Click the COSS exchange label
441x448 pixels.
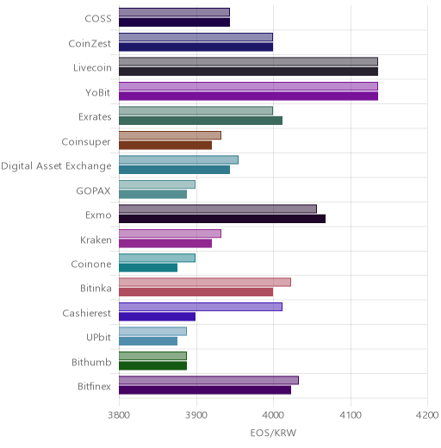coord(98,19)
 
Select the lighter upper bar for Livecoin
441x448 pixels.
coord(248,61)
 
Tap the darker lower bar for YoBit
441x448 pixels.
coord(248,96)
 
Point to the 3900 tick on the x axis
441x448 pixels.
coord(196,415)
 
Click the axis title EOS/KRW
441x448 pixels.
coord(273,432)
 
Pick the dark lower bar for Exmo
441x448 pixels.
coord(222,219)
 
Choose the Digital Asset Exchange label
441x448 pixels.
coord(56,166)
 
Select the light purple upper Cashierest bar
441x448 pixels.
coord(201,307)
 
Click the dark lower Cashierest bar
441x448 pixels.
coord(158,316)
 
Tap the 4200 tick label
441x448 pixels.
coord(427,415)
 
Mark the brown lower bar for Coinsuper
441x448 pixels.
coord(165,146)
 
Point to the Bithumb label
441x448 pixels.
coord(91,362)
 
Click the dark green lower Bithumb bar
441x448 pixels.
coord(153,366)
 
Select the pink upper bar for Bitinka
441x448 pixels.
coord(205,282)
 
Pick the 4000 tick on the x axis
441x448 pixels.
coord(273,415)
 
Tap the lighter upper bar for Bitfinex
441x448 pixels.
coord(208,380)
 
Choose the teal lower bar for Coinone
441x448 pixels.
coord(148,268)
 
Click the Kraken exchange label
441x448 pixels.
coord(96,240)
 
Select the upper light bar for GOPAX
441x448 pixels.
coord(157,184)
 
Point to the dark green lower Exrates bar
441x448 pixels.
coord(201,121)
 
